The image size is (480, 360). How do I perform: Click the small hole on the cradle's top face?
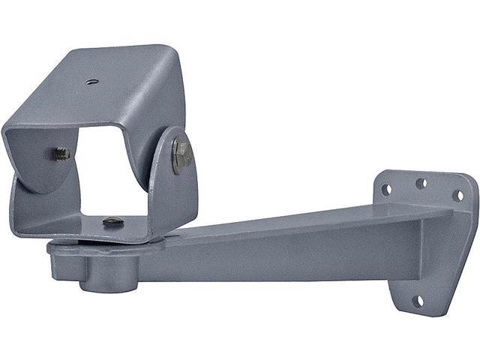(91, 81)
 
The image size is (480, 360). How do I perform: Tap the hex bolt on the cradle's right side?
(181, 155)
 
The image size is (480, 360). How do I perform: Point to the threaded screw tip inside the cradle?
(61, 154)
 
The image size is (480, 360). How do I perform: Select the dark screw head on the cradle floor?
(112, 221)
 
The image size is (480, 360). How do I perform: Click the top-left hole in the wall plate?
(386, 190)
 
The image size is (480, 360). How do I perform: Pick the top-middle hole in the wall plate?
(421, 183)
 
